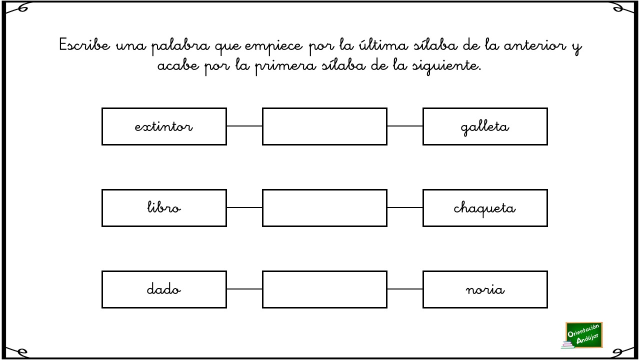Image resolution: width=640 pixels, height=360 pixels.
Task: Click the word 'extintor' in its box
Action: [163, 126]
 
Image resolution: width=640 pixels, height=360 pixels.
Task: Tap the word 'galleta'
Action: [485, 127]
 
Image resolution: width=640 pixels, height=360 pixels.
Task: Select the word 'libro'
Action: [163, 207]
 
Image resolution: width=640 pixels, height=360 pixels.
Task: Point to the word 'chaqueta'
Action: [484, 209]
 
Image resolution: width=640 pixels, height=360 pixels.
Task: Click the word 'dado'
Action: [163, 289]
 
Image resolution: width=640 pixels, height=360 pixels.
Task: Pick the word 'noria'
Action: [485, 289]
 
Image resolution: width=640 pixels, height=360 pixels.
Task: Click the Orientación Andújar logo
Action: [583, 335]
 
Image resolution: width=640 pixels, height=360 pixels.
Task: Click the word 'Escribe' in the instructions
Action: [84, 45]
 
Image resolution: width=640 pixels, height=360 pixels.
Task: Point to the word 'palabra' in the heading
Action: [180, 46]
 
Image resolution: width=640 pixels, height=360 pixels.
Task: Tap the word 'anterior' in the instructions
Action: [535, 45]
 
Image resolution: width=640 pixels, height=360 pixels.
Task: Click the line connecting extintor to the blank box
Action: [244, 126]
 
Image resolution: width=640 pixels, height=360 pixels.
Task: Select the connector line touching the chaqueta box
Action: [405, 207]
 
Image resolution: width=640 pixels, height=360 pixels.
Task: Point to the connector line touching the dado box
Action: [244, 289]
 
